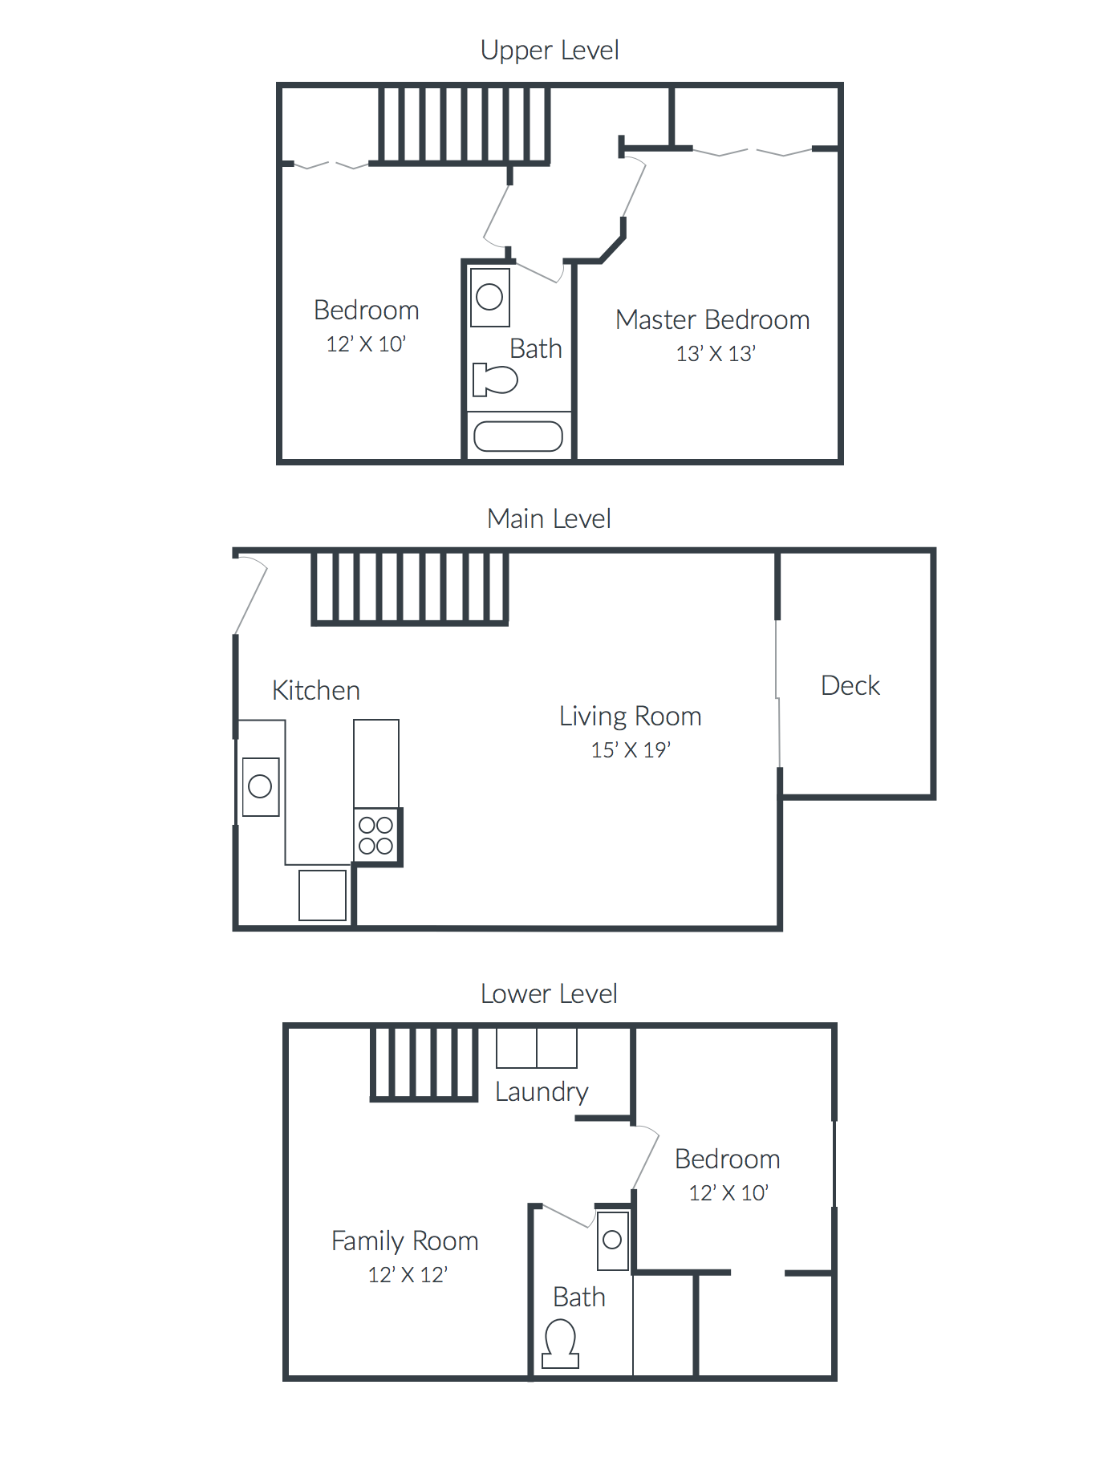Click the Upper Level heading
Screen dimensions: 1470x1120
point(550,51)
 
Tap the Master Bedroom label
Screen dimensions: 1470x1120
point(712,320)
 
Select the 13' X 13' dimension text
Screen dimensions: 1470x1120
point(716,354)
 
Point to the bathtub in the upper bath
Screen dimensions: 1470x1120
point(518,437)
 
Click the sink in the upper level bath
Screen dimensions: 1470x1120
point(489,298)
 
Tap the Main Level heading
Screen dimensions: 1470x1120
point(549,519)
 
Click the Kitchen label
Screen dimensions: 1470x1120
point(316,691)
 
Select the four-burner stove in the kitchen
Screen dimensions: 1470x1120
point(375,835)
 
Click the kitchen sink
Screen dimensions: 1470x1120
point(261,786)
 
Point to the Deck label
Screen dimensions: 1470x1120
point(850,686)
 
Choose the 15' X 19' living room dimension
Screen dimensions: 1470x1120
point(631,750)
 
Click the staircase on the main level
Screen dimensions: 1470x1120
point(410,587)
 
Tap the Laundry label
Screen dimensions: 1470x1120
point(542,1092)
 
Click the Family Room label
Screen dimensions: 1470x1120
point(405,1241)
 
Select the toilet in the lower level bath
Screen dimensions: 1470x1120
point(560,1345)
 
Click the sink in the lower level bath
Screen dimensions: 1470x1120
point(612,1241)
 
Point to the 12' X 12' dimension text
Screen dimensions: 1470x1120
point(408,1275)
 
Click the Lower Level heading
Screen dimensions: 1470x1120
point(549,994)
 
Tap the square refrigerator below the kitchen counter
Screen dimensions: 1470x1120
point(323,895)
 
